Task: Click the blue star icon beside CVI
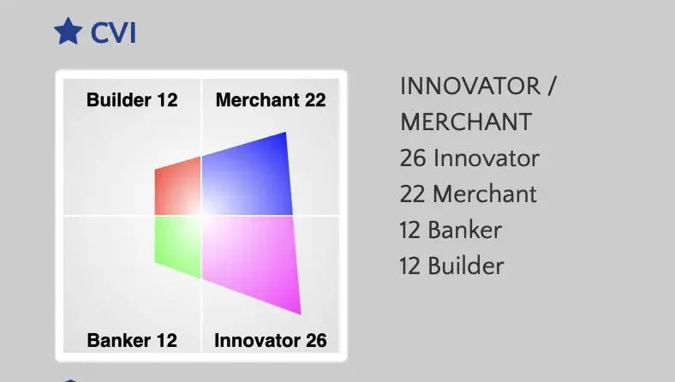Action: pos(68,33)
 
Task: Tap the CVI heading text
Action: pos(113,33)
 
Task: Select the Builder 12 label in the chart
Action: pos(132,100)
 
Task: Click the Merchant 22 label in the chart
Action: pos(271,100)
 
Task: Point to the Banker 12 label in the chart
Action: pos(132,340)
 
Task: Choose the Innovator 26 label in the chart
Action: pos(271,340)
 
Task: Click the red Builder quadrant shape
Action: pos(178,186)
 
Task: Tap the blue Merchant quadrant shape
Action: pos(248,176)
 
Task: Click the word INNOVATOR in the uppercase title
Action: pos(471,87)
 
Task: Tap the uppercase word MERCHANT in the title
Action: pos(466,122)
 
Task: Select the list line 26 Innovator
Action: pos(469,158)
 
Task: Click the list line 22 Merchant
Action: pos(468,194)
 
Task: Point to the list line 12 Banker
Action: pos(451,230)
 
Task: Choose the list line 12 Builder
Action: pos(451,266)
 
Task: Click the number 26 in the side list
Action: pos(413,158)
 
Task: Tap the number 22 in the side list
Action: pos(413,194)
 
